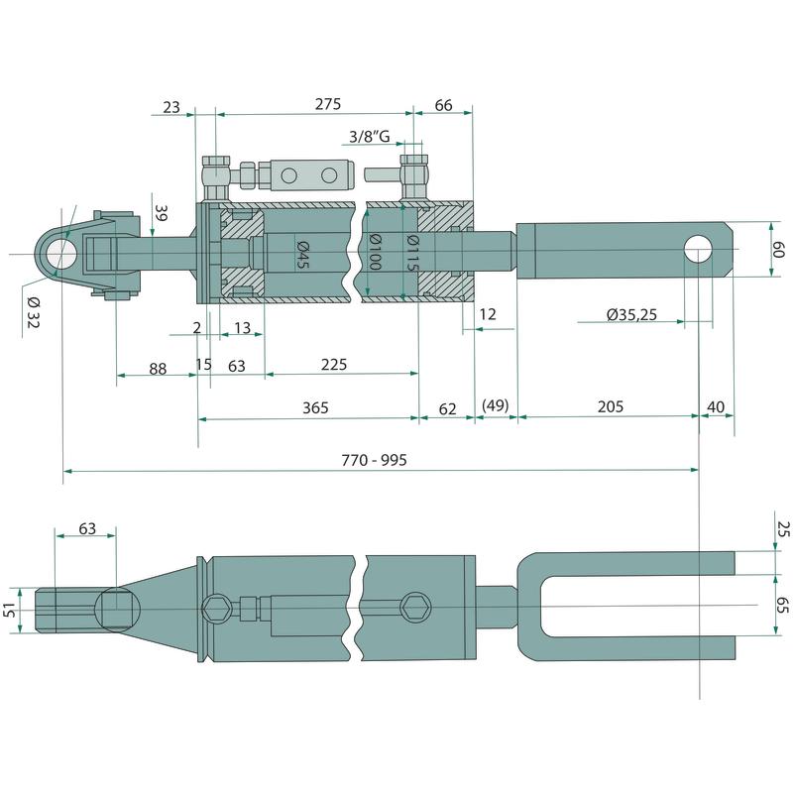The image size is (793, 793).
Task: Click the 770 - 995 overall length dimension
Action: (374, 459)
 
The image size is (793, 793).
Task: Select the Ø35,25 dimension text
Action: (630, 314)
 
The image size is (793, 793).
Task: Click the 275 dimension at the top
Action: (327, 103)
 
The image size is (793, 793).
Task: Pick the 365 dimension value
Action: (315, 407)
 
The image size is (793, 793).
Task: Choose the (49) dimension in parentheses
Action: (495, 407)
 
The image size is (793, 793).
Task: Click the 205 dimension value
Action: (611, 407)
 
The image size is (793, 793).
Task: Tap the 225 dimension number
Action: (334, 364)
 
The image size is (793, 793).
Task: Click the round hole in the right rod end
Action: (699, 247)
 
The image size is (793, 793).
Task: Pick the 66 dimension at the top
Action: (443, 103)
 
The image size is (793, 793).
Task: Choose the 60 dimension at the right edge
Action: (778, 248)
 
